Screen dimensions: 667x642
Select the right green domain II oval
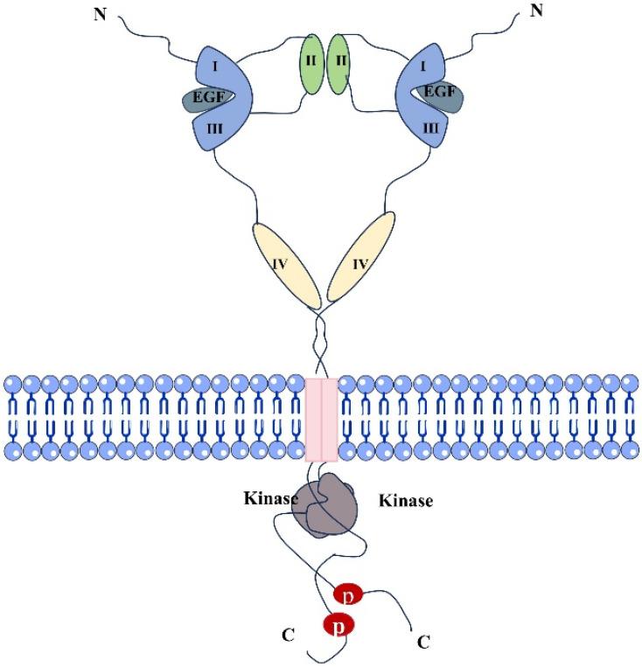338,66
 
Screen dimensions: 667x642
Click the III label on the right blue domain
429,129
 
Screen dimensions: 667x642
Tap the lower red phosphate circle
338,627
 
